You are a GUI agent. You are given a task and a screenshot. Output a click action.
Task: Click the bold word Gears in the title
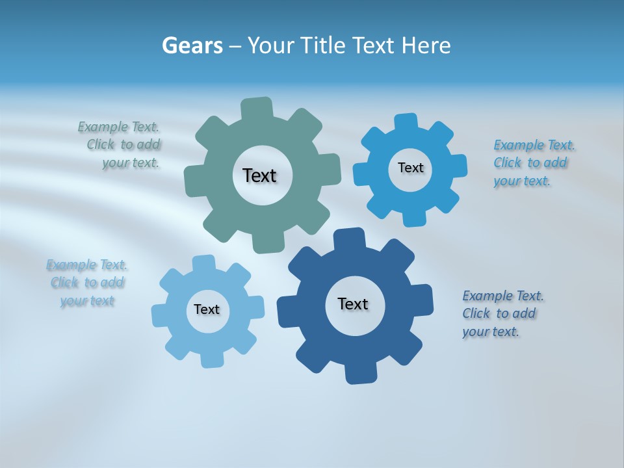[192, 46]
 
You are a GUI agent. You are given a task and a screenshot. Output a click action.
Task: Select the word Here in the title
[426, 46]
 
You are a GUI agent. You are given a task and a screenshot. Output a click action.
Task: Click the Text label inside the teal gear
[259, 175]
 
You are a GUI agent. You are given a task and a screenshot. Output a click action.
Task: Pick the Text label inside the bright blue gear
[410, 168]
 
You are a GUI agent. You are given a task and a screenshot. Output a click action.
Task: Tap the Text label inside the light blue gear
[207, 310]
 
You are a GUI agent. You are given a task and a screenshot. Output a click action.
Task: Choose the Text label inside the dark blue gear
[353, 304]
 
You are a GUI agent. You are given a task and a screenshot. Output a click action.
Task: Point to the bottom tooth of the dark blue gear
[361, 373]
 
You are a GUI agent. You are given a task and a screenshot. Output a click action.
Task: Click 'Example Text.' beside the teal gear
[118, 127]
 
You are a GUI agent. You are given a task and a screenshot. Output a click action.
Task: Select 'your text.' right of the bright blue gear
[521, 181]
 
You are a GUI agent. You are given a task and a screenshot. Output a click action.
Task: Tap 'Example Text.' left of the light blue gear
[87, 265]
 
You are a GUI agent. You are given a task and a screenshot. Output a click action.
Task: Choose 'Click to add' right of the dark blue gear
[499, 313]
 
